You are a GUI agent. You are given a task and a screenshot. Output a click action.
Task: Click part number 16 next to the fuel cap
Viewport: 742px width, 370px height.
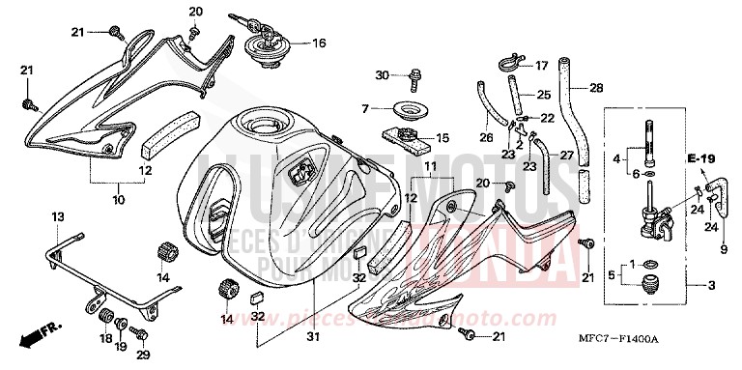(x=319, y=43)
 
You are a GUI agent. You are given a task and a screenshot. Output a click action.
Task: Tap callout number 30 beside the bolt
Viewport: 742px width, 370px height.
(x=382, y=74)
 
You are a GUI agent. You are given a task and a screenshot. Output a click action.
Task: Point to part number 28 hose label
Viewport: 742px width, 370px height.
(x=595, y=88)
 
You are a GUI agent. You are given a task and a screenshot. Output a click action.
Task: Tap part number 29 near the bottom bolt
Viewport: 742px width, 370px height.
(x=144, y=356)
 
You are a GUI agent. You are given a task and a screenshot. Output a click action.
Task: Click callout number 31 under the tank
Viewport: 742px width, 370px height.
(x=311, y=336)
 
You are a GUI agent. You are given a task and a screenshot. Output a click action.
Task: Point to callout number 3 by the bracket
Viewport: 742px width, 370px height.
(x=712, y=285)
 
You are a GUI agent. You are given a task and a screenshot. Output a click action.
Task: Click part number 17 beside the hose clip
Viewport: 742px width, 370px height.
(x=541, y=66)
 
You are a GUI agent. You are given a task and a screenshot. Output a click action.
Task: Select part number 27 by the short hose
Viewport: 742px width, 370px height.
(x=566, y=156)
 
